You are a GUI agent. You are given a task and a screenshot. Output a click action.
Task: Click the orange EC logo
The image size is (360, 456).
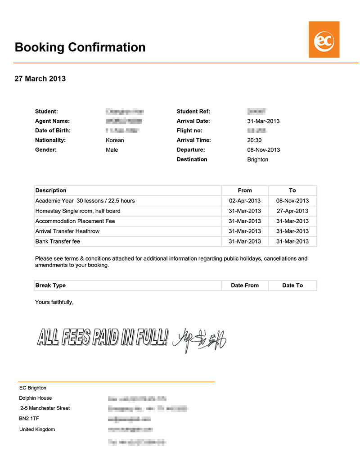[324, 40]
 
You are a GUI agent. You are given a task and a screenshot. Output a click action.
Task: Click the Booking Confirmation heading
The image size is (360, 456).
[80, 47]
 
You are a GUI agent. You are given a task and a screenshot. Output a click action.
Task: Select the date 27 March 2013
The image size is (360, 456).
[40, 79]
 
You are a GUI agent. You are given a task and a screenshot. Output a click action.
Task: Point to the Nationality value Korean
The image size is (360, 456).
[115, 140]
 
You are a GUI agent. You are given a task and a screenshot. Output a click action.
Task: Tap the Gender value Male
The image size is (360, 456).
[112, 150]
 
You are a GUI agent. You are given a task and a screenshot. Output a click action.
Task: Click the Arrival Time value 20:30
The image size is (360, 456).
[254, 140]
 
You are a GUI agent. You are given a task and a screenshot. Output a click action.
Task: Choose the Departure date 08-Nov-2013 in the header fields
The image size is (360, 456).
[263, 150]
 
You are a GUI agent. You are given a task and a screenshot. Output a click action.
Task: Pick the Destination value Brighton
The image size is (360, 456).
[257, 159]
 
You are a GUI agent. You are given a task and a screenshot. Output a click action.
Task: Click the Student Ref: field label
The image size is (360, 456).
[193, 112]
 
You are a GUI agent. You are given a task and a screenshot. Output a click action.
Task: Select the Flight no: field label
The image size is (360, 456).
[189, 131]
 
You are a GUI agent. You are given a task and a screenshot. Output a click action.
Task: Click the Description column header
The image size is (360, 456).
[51, 190]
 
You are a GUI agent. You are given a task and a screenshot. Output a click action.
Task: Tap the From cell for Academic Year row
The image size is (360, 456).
[245, 201]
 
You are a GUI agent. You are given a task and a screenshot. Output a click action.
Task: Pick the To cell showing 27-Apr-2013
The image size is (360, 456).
[292, 211]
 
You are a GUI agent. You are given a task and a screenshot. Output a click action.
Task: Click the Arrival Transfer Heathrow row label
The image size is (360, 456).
[67, 231]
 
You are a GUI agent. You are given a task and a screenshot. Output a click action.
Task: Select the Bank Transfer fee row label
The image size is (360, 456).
[58, 241]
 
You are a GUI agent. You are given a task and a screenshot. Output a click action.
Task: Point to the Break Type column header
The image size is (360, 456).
[50, 285]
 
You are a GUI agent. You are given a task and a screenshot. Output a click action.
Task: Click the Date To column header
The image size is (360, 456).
[292, 285]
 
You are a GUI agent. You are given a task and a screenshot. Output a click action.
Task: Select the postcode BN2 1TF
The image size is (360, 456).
[29, 419]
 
